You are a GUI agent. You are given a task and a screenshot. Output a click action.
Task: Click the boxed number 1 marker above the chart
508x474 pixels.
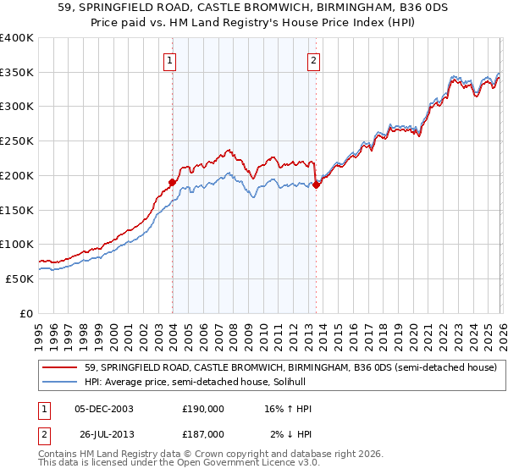[170, 60]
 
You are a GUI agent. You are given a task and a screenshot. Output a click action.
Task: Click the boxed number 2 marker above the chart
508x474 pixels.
[313, 60]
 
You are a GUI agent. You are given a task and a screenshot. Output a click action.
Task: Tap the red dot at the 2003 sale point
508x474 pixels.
[172, 181]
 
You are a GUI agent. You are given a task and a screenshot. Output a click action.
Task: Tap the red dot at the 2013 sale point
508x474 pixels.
[316, 185]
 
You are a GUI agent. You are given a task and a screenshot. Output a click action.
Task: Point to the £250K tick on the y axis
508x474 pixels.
[17, 141]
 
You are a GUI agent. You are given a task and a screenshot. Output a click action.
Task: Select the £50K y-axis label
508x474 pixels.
[19, 278]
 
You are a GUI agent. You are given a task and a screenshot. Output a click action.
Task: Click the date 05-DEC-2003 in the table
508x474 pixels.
[104, 409]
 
